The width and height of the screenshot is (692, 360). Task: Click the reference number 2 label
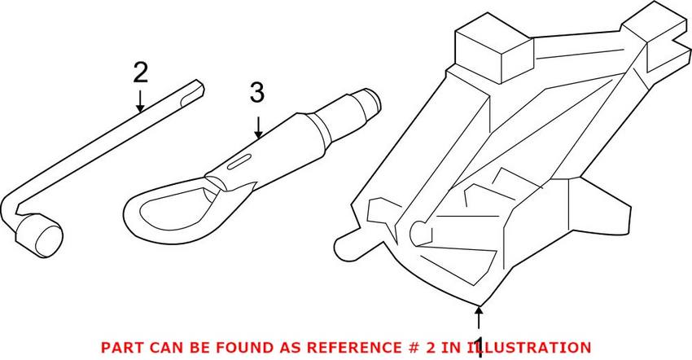tap(141, 74)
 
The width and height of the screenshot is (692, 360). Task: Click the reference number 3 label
tap(257, 94)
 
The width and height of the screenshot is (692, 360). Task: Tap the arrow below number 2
tap(140, 101)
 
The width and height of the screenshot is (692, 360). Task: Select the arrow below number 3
tap(258, 127)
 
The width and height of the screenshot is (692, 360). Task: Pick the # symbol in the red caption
tap(410, 347)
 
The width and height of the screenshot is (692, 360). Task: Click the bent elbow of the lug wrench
tap(13, 207)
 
